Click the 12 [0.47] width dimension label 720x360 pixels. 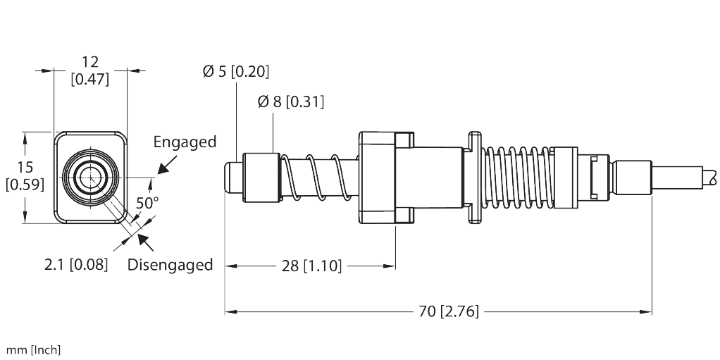(90, 70)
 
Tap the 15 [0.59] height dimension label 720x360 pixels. (25, 175)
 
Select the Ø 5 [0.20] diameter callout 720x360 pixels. (236, 71)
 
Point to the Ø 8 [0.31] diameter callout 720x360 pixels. (291, 101)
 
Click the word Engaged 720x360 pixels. (185, 142)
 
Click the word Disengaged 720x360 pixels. (170, 264)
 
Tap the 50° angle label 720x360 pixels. (147, 202)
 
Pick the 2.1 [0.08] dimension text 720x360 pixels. (76, 264)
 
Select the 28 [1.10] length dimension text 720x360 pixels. (311, 266)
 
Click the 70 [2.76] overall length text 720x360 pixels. (449, 311)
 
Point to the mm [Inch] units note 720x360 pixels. (33, 350)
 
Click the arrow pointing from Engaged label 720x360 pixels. (168, 164)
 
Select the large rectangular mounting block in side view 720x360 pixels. (377, 178)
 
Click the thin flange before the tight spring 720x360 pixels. (474, 178)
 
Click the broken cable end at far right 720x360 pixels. (710, 178)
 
